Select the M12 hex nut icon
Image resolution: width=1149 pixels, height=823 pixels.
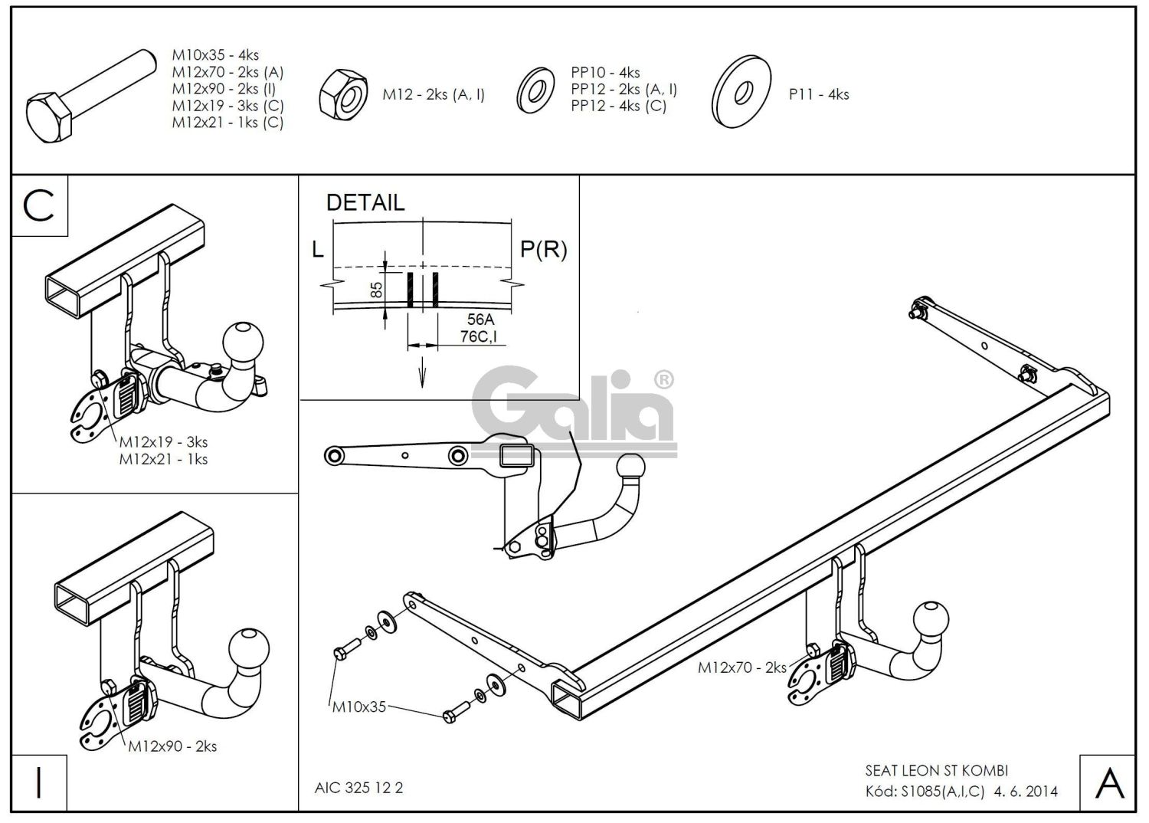(x=343, y=93)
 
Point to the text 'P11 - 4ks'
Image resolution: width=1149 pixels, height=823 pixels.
(x=819, y=94)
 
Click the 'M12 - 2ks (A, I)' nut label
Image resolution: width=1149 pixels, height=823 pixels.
(x=434, y=94)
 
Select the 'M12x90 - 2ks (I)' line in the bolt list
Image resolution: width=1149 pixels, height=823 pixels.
(x=224, y=89)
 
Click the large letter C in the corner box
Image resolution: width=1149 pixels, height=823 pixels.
(x=40, y=205)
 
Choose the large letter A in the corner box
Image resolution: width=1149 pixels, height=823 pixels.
(x=1108, y=782)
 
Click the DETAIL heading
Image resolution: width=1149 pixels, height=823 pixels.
(x=365, y=203)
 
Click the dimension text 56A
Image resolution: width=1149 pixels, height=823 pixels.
(x=480, y=320)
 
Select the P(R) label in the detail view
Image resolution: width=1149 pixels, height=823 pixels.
(x=544, y=249)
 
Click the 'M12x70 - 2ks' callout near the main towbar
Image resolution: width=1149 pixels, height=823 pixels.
(x=741, y=667)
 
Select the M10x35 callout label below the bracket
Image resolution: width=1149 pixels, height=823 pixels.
(x=359, y=707)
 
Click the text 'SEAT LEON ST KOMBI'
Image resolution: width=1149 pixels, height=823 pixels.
(x=937, y=770)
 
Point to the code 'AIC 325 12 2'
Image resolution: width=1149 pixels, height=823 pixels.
(x=358, y=788)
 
